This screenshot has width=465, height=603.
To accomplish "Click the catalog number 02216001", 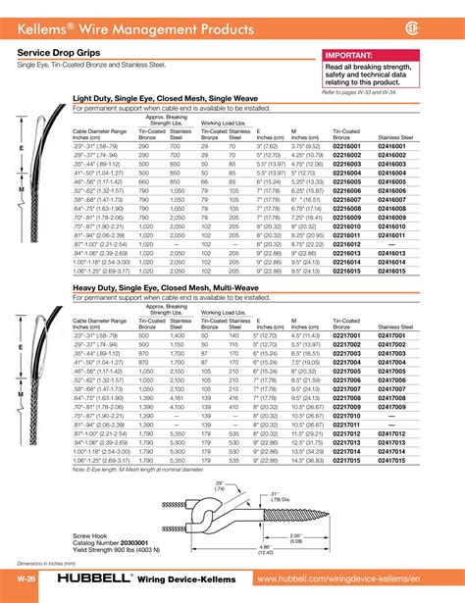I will pos(349,145).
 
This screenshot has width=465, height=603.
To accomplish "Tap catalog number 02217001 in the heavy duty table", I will pos(349,335).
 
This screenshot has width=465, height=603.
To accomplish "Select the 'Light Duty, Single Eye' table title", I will pos(157,98).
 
